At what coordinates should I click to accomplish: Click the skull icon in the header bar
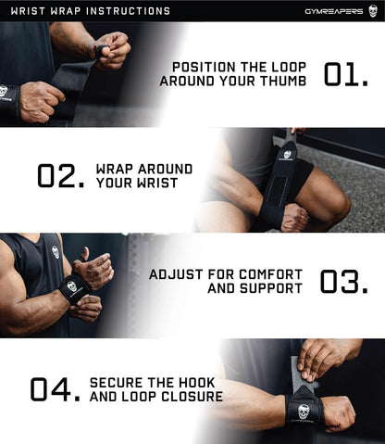[x=373, y=11]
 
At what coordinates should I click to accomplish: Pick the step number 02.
[x=61, y=176]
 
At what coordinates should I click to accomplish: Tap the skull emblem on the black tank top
[x=55, y=251]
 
